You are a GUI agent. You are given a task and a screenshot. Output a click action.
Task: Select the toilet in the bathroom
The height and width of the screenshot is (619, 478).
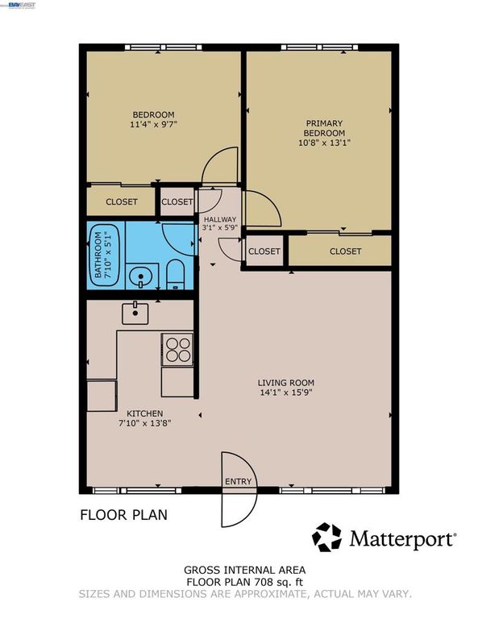coord(177,276)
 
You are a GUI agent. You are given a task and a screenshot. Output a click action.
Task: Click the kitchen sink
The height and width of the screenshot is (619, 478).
coord(135,312)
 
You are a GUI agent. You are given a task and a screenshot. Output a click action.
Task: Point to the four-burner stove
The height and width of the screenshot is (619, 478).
coord(177,350)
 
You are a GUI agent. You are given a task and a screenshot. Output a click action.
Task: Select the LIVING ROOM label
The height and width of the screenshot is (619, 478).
coord(285,383)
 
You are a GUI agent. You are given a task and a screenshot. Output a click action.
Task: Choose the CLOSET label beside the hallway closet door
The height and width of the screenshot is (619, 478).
coord(264,251)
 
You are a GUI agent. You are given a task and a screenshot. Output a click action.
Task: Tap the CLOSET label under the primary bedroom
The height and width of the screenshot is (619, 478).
coord(345,251)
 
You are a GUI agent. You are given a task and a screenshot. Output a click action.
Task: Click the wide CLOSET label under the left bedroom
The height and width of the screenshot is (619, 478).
coord(121,201)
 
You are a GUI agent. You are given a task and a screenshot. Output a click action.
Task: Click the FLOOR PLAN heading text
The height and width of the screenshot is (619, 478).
coord(123,515)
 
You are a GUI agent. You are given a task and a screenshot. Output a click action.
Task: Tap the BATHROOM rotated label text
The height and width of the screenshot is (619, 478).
coord(98,255)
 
